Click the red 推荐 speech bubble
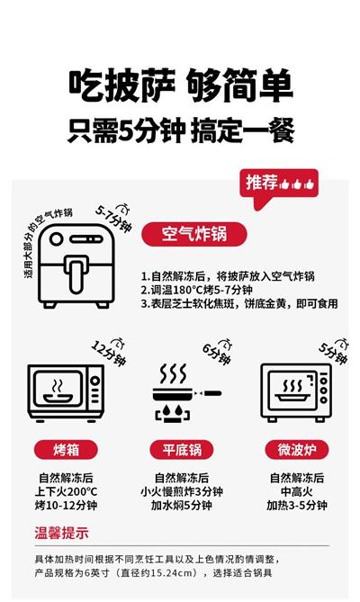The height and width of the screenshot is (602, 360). point(279,184)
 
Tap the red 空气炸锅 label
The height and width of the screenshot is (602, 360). point(193,234)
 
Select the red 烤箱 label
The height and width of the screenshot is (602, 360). point(66,450)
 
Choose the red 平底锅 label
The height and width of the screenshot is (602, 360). point(182,450)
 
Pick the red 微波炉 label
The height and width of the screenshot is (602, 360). point(297,450)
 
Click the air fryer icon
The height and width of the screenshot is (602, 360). point(76,265)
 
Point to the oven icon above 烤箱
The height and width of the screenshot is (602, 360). point(66,393)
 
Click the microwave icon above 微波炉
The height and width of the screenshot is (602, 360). point(296,392)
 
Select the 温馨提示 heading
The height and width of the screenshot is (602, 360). point(62,533)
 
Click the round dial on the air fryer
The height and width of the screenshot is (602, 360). point(56,238)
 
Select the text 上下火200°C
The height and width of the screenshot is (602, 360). point(66,491)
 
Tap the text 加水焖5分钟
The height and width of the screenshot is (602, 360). point(182,505)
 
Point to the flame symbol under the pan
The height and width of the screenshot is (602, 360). point(172,411)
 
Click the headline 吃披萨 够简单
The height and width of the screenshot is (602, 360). point(180,85)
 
